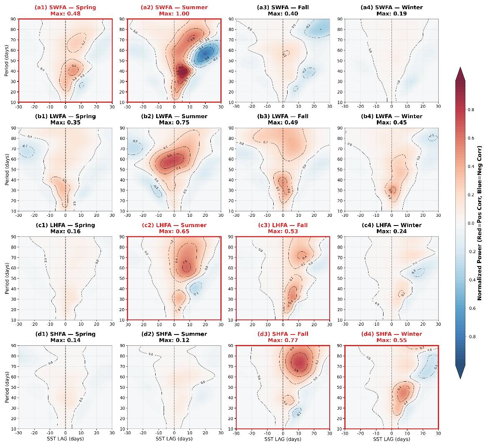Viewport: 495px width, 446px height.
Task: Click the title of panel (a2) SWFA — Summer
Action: point(174,8)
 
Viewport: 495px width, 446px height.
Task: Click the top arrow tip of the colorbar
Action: point(460,68)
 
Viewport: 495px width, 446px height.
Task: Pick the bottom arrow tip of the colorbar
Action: point(460,378)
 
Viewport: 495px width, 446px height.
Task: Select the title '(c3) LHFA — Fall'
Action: point(283,225)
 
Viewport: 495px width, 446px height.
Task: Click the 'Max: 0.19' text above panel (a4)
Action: point(391,13)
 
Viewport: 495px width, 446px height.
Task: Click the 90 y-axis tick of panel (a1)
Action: point(13,19)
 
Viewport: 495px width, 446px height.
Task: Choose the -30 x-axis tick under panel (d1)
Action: point(18,433)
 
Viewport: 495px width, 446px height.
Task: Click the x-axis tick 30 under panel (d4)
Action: point(438,433)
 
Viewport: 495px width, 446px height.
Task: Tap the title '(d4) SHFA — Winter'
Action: point(391,334)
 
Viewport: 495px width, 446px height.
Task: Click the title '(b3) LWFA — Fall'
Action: point(283,117)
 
